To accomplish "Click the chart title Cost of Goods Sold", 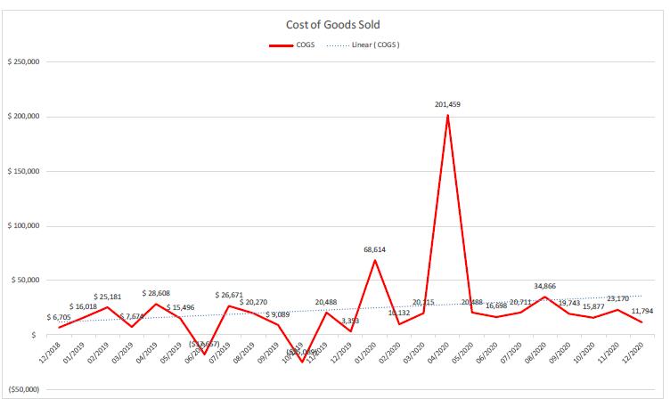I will [334, 25].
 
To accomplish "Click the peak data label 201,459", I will [448, 105].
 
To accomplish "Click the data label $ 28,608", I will [157, 292].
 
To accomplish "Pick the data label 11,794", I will [641, 310].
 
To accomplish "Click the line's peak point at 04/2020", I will [447, 115].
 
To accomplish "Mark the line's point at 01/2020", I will [375, 259].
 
